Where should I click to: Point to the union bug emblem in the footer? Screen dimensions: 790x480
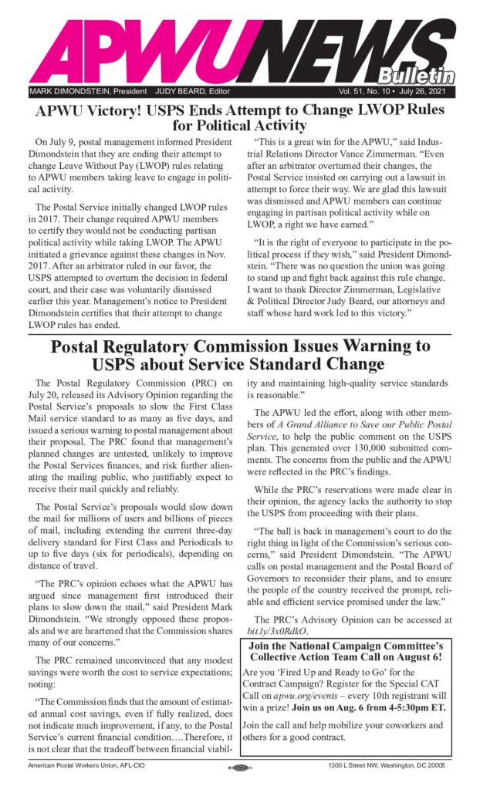pyautogui.click(x=240, y=769)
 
